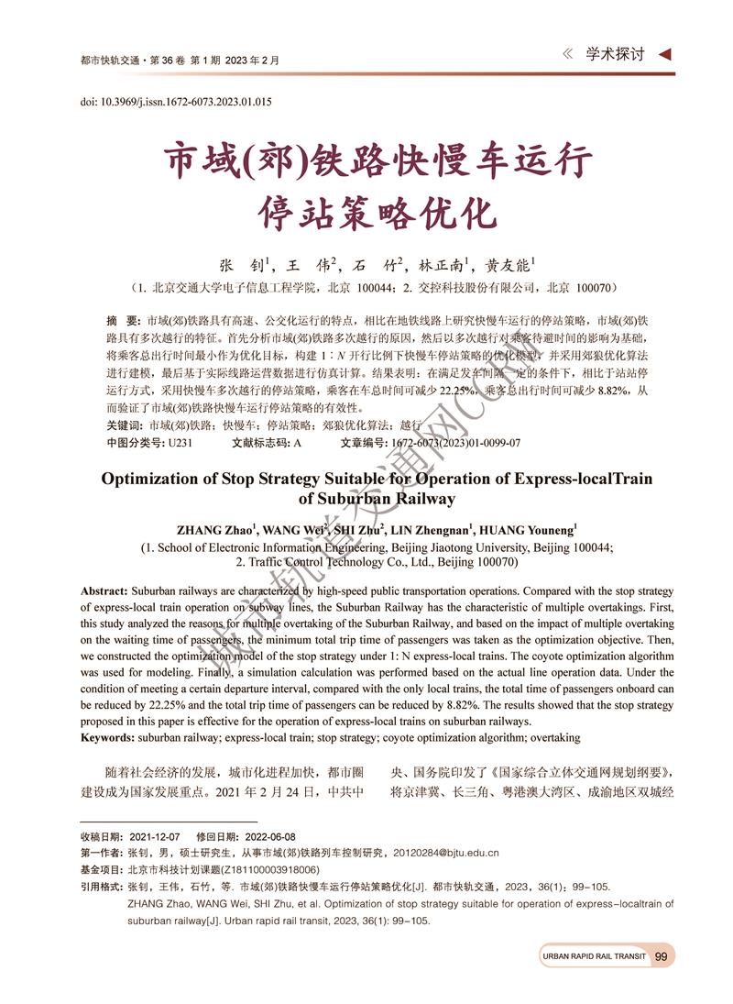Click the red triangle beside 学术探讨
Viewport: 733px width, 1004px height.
[x=665, y=54]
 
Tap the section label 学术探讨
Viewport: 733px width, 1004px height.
[x=615, y=54]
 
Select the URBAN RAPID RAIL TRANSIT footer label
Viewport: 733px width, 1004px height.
[x=594, y=956]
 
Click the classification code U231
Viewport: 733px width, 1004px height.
[x=180, y=442]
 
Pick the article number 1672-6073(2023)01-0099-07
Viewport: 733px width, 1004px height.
[x=455, y=442]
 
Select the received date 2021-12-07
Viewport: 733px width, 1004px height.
[x=155, y=837]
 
